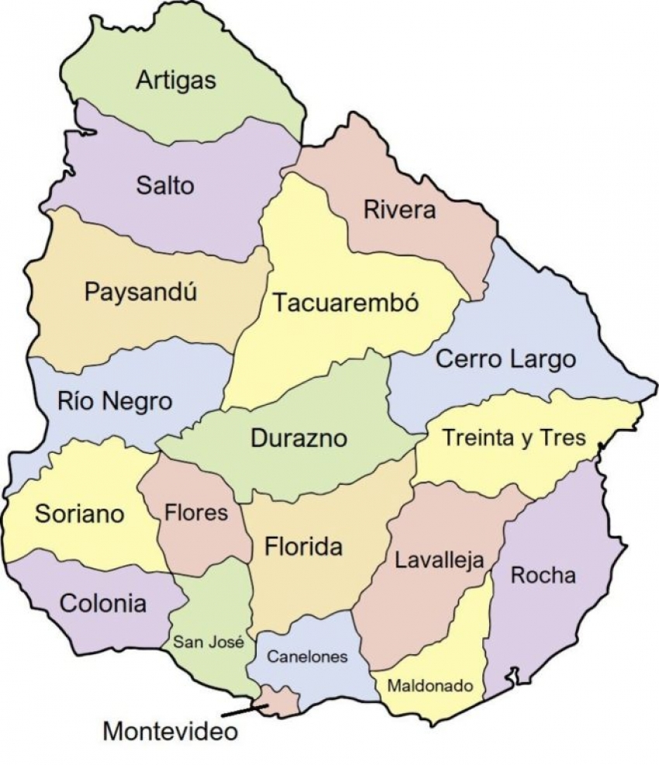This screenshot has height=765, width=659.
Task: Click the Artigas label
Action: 176,81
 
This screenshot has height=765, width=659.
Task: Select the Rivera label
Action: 399,210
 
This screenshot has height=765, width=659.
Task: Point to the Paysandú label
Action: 140,293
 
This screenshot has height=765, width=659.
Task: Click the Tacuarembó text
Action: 345,302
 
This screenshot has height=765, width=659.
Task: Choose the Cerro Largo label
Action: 505,359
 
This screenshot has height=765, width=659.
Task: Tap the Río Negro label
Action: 115,402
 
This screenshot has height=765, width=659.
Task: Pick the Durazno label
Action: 298,438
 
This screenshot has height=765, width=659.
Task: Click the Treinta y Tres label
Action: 513,437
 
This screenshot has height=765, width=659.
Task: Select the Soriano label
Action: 80,513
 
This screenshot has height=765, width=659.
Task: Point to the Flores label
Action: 197,513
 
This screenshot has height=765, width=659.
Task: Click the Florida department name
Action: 304,547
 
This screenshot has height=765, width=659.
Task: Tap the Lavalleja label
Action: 440,560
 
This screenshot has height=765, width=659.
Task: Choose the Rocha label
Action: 543,575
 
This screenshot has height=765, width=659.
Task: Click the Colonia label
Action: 102,603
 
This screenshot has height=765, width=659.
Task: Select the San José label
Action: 209,642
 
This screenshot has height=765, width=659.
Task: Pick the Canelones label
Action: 307,657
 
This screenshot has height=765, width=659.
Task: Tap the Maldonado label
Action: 430,686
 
